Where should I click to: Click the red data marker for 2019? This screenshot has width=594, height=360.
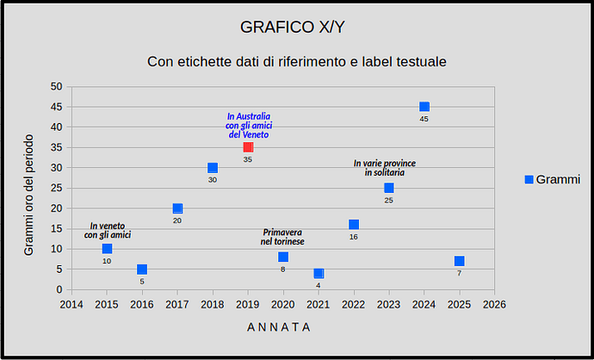(x=248, y=147)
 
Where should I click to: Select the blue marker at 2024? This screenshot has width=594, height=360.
(x=424, y=107)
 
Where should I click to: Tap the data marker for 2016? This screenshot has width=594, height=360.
(x=142, y=270)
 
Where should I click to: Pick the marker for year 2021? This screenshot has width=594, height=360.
(x=319, y=273)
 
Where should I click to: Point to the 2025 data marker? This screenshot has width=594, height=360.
(x=460, y=261)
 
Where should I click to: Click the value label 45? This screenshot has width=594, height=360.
(x=424, y=119)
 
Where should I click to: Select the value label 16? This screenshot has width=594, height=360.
(x=354, y=237)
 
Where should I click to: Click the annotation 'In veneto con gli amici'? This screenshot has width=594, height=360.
(x=107, y=230)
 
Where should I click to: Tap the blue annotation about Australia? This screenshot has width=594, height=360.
(x=248, y=126)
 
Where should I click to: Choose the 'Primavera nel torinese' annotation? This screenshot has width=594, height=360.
(x=283, y=238)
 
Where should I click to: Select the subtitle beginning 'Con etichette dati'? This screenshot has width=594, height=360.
(x=297, y=62)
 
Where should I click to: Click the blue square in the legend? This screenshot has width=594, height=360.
(x=529, y=179)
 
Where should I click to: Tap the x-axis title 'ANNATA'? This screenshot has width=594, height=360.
(x=279, y=327)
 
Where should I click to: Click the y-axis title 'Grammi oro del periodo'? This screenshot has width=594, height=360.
(x=28, y=195)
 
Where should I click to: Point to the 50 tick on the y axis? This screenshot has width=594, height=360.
(x=56, y=86)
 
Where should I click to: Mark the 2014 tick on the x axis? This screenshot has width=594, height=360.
(x=71, y=304)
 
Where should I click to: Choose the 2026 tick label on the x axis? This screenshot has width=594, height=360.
(x=494, y=304)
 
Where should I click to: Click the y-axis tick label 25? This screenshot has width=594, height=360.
(x=56, y=188)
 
